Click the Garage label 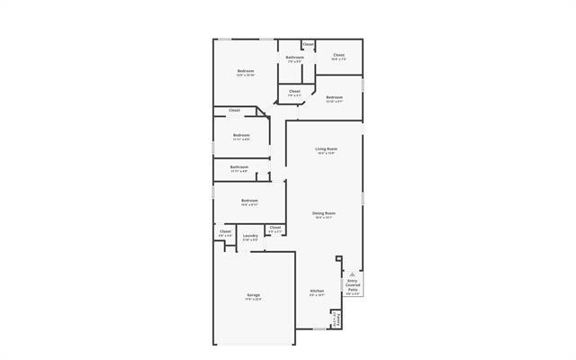tap(254, 294)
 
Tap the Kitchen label tap(317, 291)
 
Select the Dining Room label tap(324, 211)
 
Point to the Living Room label tap(326, 148)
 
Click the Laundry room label tap(250, 235)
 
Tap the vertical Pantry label tap(335, 319)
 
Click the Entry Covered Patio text tap(353, 285)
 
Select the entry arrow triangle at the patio tap(353, 273)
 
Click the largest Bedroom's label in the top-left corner tap(246, 70)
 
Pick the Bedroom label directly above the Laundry tap(249, 200)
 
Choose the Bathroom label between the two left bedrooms tap(239, 166)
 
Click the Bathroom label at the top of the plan tap(295, 57)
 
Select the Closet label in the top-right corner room tap(338, 55)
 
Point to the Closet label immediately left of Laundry tap(225, 231)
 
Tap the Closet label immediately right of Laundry tap(275, 228)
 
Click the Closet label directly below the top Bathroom tap(294, 90)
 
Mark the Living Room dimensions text tap(326, 154)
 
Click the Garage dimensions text tap(254, 300)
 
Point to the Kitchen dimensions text tap(317, 296)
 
